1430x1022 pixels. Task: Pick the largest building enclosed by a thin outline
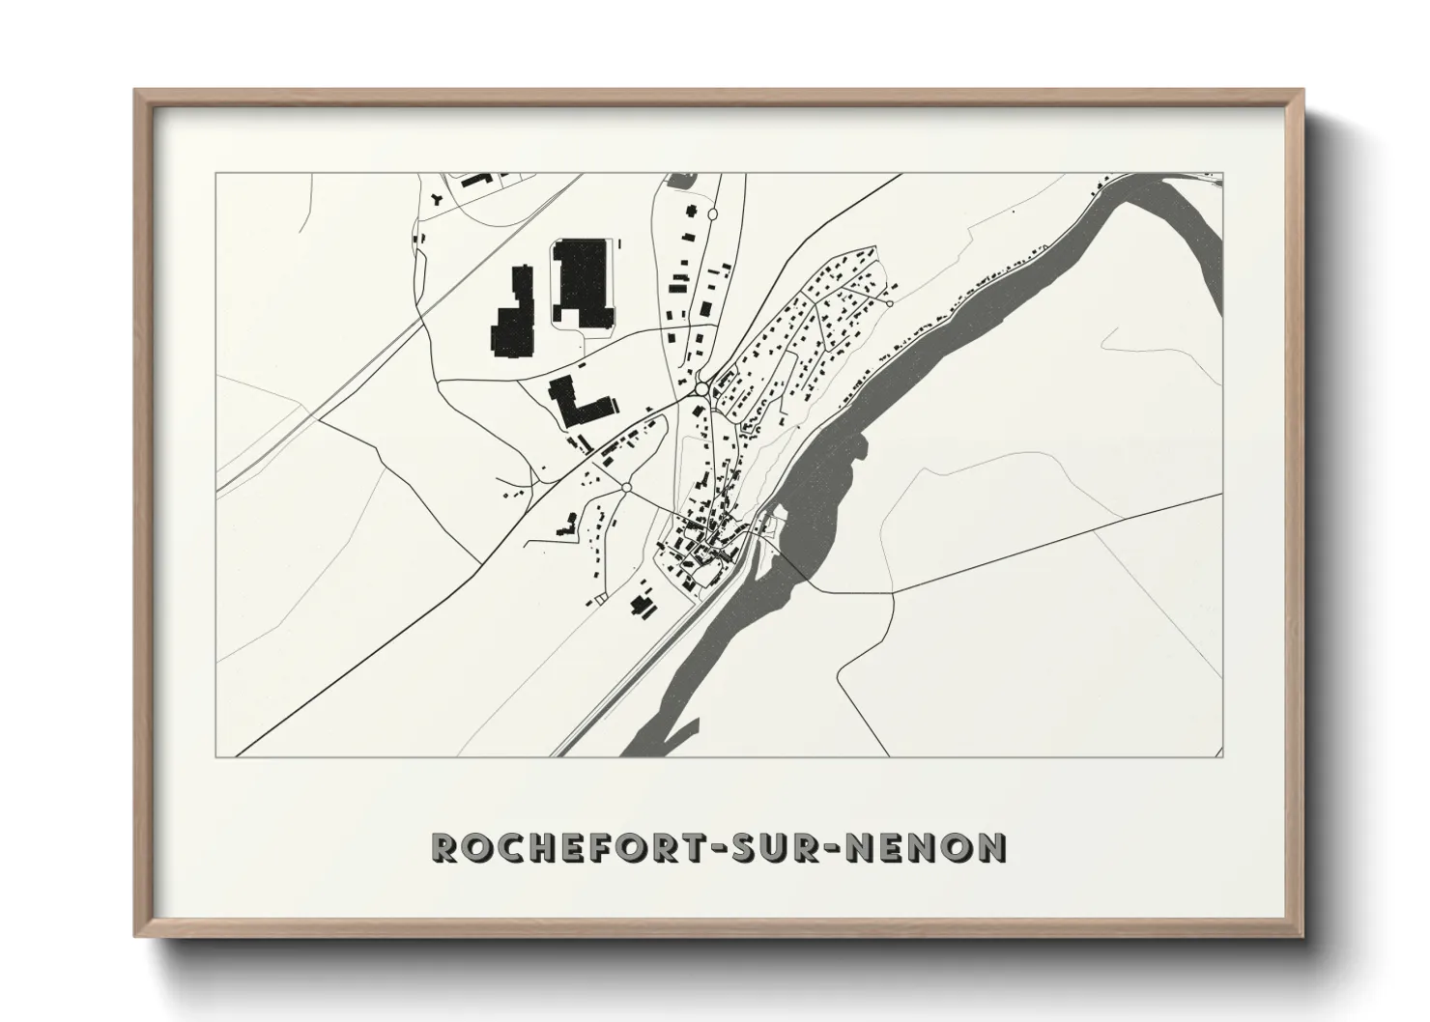(x=583, y=283)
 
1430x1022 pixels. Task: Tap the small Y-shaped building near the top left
(x=438, y=200)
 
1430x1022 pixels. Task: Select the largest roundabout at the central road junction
(x=701, y=389)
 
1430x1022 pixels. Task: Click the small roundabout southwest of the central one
(x=626, y=488)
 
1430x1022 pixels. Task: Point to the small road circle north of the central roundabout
(x=713, y=213)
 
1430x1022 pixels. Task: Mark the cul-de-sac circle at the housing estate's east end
(x=889, y=303)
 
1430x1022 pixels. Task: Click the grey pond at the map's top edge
(x=682, y=180)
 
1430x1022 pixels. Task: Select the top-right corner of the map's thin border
(x=1222, y=174)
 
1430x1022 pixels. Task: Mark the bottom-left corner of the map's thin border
(x=216, y=756)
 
